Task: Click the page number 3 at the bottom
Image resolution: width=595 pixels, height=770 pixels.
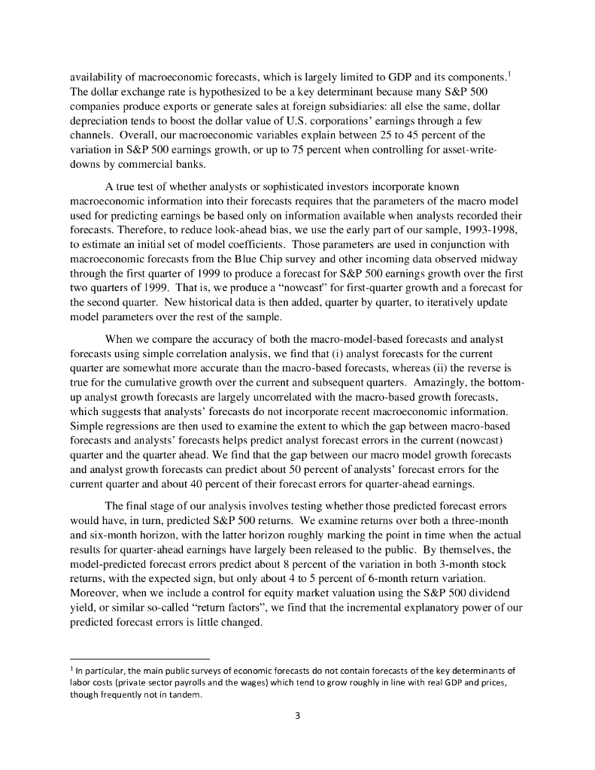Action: pyautogui.click(x=297, y=715)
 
